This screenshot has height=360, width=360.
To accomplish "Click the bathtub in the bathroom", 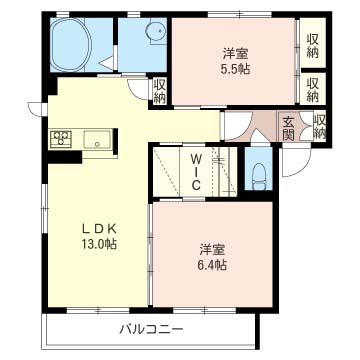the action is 72,44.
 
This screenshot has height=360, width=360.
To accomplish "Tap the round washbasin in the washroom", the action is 157,32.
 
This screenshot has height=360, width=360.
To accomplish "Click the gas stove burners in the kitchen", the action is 61,138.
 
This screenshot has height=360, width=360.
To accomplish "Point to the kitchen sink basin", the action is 97,139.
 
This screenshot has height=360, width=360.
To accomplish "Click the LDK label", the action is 99,229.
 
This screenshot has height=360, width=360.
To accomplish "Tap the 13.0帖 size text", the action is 99,245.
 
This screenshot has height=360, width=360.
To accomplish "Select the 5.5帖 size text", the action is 235,69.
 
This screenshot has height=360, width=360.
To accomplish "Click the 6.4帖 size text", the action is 212,264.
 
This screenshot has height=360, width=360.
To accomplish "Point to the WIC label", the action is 196,171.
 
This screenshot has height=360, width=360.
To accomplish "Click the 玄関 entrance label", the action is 288,128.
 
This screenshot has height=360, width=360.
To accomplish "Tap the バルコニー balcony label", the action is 152,330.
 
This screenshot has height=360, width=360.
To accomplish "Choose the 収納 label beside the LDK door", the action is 160,90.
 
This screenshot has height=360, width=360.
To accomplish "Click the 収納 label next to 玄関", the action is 319,127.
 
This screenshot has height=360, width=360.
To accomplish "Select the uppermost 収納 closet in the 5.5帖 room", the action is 312,42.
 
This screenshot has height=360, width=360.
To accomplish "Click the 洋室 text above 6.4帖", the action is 212,249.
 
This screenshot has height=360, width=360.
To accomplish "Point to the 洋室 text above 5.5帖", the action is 235,54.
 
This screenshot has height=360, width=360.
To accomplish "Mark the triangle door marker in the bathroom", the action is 107,63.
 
